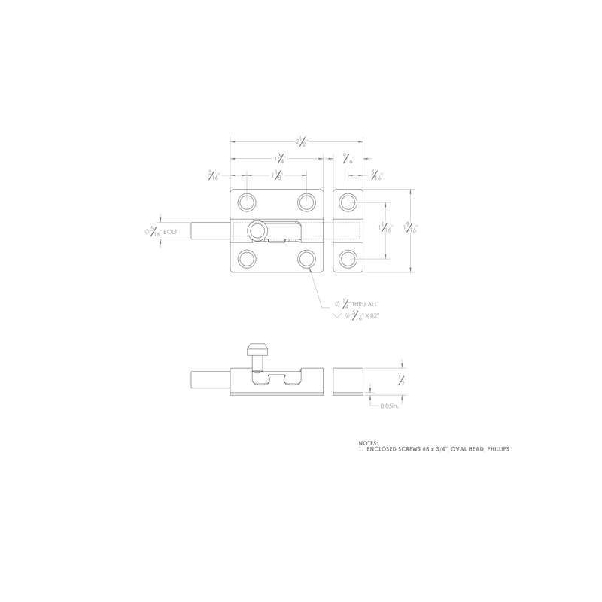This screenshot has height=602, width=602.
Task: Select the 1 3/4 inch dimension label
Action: (x=279, y=158)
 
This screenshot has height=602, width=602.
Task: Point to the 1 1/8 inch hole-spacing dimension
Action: (x=277, y=177)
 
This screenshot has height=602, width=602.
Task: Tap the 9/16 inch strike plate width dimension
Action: (x=347, y=158)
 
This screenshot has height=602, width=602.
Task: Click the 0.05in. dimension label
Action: (x=389, y=406)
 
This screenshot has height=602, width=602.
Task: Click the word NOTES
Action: (x=369, y=443)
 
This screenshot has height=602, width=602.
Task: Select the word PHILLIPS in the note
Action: (x=497, y=449)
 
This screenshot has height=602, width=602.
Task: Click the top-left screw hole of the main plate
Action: (x=247, y=202)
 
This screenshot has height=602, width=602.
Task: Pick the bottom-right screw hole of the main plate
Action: (x=306, y=258)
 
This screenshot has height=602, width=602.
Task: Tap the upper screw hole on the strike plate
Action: (x=347, y=202)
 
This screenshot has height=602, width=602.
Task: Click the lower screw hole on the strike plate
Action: (x=347, y=258)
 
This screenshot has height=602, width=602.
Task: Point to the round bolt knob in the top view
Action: (x=258, y=230)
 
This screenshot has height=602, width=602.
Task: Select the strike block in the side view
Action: (x=348, y=381)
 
